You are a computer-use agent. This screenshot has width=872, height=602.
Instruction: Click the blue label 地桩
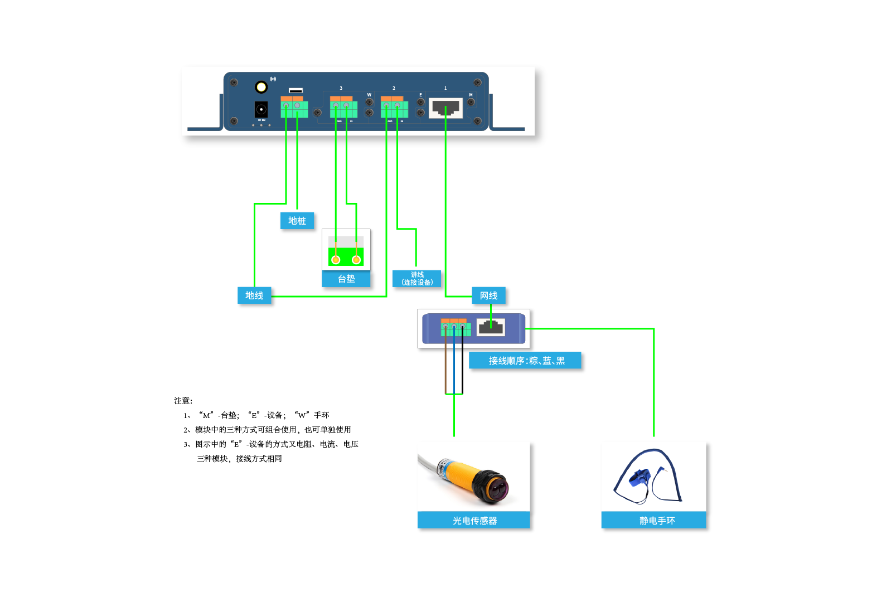click(297, 221)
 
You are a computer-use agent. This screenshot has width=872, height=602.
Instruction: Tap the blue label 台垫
click(346, 279)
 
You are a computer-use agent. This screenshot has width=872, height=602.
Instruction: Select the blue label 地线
click(254, 295)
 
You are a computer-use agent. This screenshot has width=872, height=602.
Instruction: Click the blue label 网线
click(489, 295)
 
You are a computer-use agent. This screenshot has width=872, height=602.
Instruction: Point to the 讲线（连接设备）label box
click(417, 279)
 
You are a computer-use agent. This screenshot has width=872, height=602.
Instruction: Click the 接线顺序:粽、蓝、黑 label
click(526, 361)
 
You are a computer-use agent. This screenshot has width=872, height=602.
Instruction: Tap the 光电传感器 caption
click(474, 521)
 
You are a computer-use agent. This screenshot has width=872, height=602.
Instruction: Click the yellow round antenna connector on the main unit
click(261, 87)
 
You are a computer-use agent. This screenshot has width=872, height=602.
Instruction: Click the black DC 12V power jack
click(261, 109)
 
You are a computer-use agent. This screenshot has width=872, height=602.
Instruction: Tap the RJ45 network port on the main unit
click(445, 108)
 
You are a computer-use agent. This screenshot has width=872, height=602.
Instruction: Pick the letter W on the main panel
click(369, 95)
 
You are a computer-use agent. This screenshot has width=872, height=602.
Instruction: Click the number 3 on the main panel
click(341, 88)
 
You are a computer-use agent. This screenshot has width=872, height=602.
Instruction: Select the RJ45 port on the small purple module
click(491, 327)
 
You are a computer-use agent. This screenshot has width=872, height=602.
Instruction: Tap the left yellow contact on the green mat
click(336, 260)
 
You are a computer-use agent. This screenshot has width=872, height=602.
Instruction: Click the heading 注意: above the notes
click(183, 401)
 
